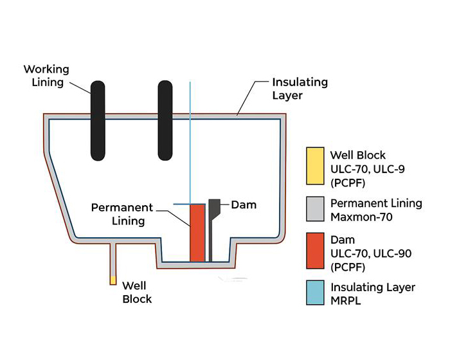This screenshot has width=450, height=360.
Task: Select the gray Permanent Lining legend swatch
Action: pos(315,211)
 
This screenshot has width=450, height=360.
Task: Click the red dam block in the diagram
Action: pos(197,233)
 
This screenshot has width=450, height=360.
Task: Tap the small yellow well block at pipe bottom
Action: pos(113,280)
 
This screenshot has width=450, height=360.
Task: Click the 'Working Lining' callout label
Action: pos(46,75)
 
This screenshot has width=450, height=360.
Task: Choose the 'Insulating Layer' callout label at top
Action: pos(300,89)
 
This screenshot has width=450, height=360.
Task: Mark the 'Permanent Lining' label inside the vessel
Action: pos(122,214)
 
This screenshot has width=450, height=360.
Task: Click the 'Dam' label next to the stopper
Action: pos(244,205)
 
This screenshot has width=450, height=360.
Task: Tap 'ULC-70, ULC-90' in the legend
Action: pos(371,253)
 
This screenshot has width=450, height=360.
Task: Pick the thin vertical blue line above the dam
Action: pos(190,141)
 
